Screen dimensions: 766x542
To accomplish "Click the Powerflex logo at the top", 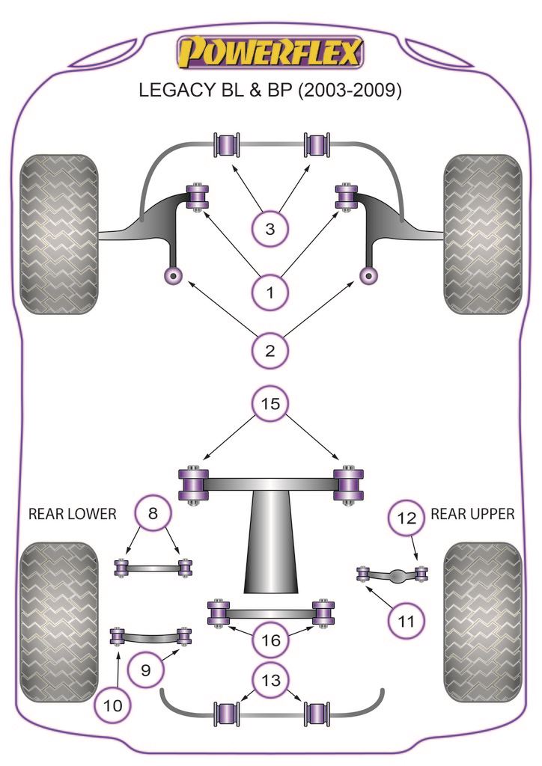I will tap(270, 52).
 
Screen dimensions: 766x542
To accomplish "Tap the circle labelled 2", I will tap(270, 349).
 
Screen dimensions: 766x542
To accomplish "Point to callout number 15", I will tap(270, 405).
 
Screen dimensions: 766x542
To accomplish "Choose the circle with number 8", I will tap(153, 514).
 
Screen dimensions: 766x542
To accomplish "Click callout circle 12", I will tap(405, 517).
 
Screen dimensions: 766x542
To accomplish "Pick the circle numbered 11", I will tap(405, 620).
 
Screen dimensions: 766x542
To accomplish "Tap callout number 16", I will tap(270, 640).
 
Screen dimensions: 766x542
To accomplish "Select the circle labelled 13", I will tap(270, 680).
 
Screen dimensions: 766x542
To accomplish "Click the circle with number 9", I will tap(146, 670).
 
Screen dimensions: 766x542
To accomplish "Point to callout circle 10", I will tap(113, 705).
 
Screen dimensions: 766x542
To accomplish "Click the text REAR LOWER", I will tap(72, 514).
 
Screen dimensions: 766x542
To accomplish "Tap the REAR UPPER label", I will tap(472, 514).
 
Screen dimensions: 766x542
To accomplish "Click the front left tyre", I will tap(59, 233).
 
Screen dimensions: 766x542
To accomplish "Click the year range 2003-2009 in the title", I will tap(350, 91).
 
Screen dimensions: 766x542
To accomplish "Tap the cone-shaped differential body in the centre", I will tap(270, 546).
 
